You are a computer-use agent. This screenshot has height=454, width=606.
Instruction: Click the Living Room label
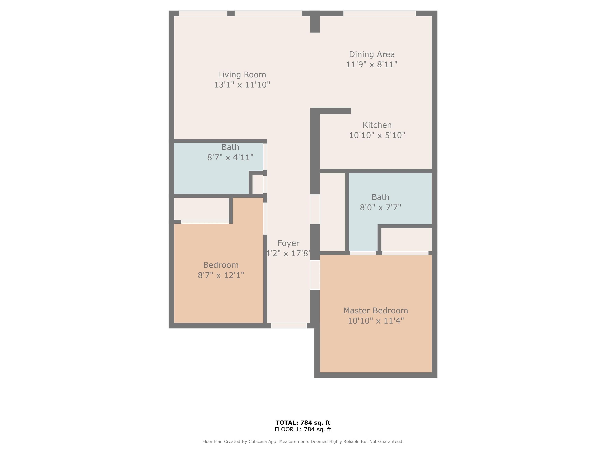tap(242, 74)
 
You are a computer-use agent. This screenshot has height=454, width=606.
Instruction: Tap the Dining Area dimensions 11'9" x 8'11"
tap(372, 64)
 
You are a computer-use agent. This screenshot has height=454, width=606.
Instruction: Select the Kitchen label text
tap(377, 125)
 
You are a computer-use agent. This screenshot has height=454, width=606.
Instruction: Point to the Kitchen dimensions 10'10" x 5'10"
tap(377, 135)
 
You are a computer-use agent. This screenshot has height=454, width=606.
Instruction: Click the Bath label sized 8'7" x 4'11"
tap(230, 147)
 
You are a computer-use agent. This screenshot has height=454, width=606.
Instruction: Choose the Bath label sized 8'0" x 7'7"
tap(380, 197)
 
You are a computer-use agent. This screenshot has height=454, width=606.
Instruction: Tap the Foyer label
tap(288, 243)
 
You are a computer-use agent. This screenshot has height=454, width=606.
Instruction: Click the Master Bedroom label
tap(376, 311)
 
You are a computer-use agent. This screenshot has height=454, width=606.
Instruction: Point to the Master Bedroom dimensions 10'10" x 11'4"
tap(376, 321)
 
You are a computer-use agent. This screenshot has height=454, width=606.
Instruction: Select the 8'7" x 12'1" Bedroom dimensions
tap(221, 275)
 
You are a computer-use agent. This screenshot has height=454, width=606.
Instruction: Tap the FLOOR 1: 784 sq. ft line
tap(303, 429)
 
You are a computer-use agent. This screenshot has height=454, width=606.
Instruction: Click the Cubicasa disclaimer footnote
tap(303, 441)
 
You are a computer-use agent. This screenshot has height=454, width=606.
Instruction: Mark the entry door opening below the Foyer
tap(289, 326)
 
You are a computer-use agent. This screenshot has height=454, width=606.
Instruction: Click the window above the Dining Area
tap(380, 13)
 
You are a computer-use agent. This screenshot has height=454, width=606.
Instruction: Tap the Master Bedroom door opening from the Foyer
tap(315, 275)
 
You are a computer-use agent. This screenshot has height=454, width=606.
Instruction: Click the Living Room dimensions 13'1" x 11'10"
tap(242, 85)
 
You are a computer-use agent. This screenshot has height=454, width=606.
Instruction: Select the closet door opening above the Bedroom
tap(205, 222)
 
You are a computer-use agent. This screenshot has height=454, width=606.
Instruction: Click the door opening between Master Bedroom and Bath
tap(363, 253)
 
